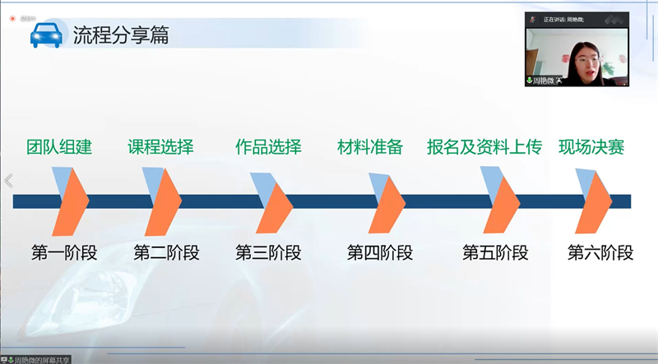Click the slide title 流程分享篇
coord(121,36)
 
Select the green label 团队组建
coord(58,148)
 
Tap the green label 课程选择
coord(160,148)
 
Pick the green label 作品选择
coord(268,148)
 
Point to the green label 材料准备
coord(370,148)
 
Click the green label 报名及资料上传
coord(484,148)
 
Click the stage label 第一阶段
coord(64,252)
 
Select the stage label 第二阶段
coord(166,252)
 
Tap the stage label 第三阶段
coord(268,252)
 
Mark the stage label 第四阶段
coord(380,252)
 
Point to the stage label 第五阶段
coord(495,252)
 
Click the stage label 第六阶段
coord(600,252)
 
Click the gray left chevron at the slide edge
coord(9,181)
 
